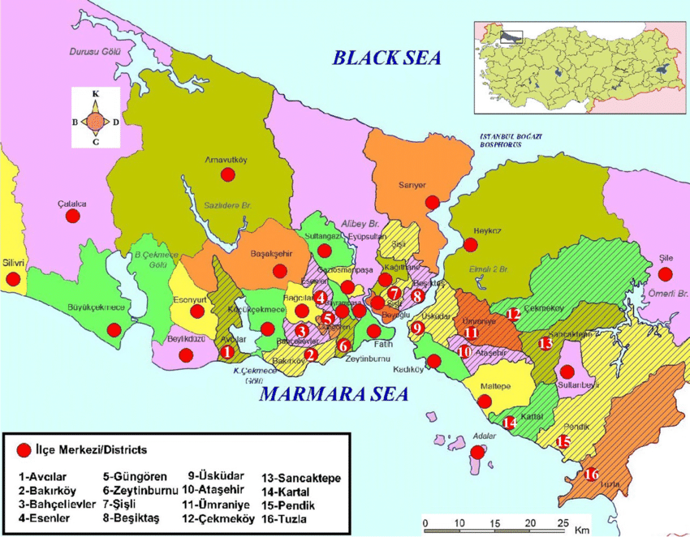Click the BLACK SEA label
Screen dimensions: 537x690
tap(386, 57)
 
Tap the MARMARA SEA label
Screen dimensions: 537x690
tap(334, 395)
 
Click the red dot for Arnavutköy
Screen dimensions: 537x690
tap(228, 175)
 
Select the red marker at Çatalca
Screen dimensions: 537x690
tap(73, 217)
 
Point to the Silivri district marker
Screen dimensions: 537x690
tap(13, 279)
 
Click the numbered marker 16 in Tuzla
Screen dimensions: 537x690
tap(592, 474)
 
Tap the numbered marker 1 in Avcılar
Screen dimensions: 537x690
tap(227, 352)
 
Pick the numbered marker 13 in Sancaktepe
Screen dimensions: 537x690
tap(546, 344)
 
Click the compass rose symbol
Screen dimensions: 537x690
tap(96, 118)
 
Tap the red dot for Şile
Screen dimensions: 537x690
tap(666, 274)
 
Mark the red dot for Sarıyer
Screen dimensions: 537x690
tap(433, 201)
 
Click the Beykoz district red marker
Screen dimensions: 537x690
tap(471, 244)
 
